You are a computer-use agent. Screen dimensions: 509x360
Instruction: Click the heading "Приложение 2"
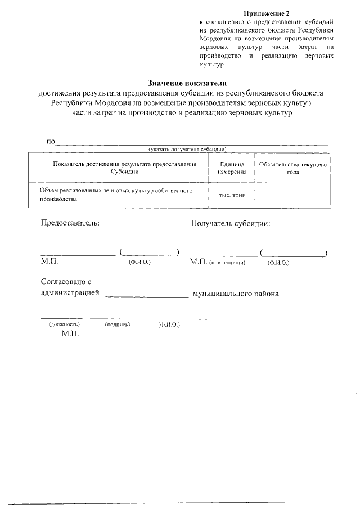[268, 12]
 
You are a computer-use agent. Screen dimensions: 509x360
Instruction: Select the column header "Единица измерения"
[231, 168]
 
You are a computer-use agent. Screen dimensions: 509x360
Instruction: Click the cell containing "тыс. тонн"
[231, 195]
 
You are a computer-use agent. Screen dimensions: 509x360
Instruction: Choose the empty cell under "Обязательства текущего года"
[292, 195]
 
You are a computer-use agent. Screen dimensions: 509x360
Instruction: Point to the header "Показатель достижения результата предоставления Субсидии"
[124, 168]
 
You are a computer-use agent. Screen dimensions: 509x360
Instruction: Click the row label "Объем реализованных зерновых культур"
[116, 195]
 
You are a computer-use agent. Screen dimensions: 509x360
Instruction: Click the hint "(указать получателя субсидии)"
[187, 150]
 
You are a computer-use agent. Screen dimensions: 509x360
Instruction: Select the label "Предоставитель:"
[70, 223]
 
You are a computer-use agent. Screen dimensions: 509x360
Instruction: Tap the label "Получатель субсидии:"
[231, 223]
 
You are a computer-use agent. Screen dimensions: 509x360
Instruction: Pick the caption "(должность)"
[64, 325]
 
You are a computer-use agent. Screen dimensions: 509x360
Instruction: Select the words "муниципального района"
[236, 294]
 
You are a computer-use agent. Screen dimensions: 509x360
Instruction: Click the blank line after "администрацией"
[147, 295]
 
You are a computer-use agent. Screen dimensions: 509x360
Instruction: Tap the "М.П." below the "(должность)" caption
[70, 334]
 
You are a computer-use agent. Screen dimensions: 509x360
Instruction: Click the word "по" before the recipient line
[50, 141]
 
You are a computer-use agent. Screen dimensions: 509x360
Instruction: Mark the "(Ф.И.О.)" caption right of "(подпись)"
[169, 325]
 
